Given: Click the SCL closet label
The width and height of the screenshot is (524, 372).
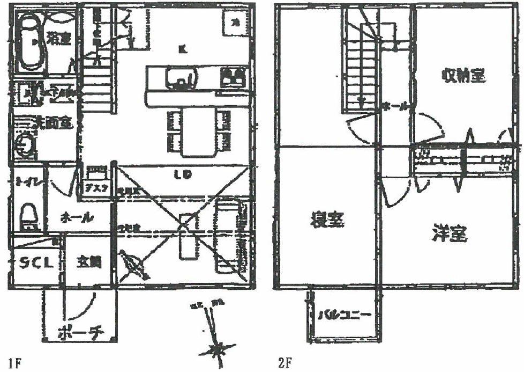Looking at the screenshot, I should [36, 263].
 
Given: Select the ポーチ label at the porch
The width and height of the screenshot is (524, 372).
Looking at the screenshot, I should [80, 332].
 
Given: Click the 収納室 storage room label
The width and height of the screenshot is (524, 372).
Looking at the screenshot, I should [464, 77].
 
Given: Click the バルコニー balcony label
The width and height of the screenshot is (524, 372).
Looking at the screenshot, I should [342, 315].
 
